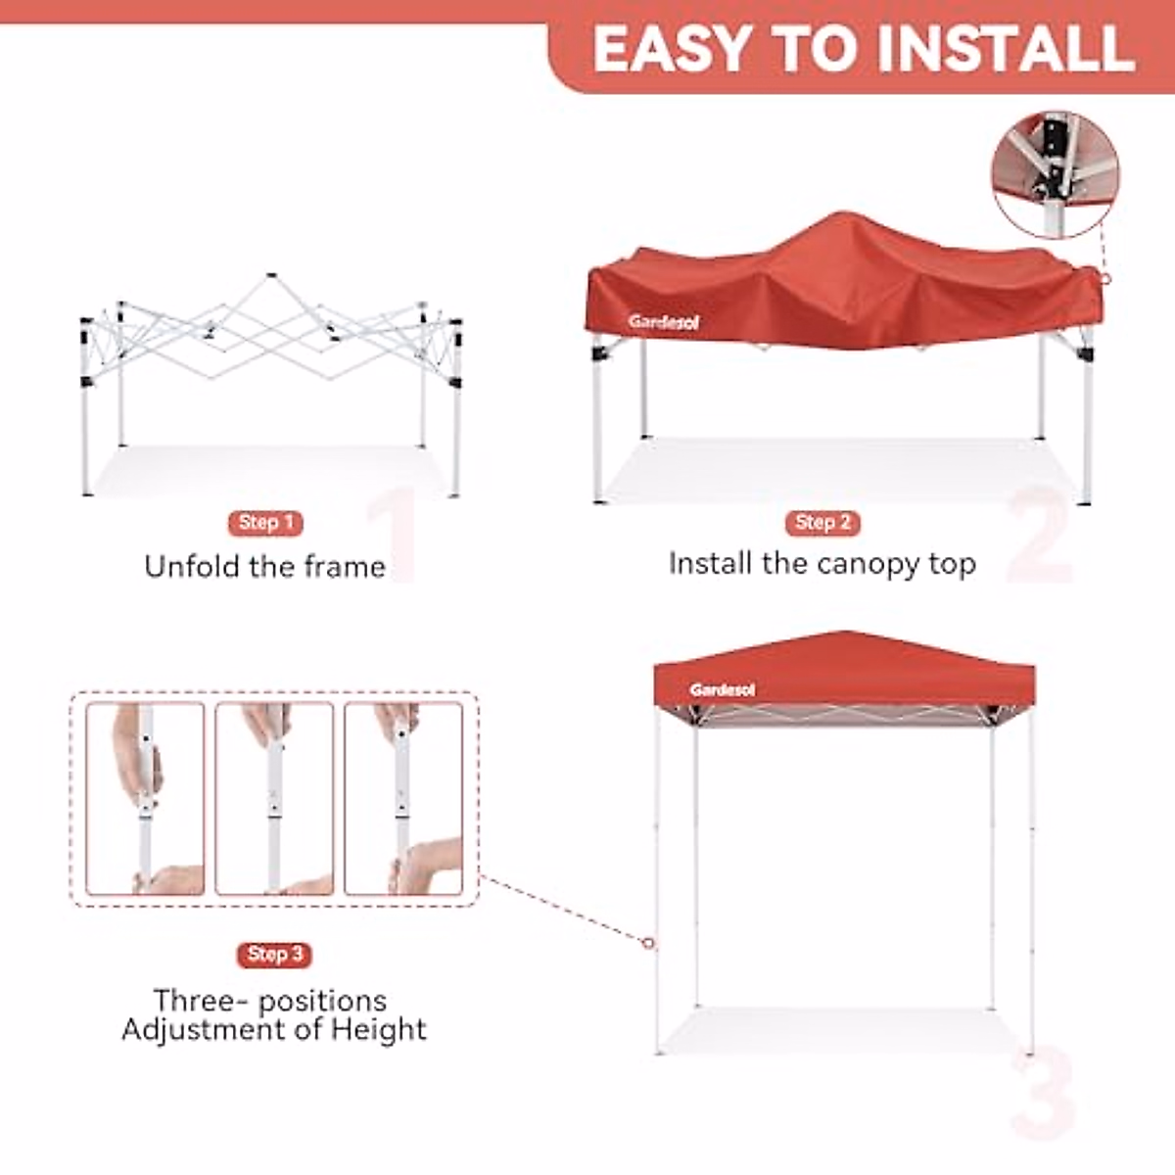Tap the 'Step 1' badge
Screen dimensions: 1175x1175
(265, 523)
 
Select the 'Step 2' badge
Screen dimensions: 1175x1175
(822, 523)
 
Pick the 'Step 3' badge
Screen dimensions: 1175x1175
(274, 954)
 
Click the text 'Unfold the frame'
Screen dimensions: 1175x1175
(264, 567)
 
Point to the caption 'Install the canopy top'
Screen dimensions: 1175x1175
(822, 564)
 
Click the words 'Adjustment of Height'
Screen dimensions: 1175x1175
(274, 1030)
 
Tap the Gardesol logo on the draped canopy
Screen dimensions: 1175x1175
(664, 322)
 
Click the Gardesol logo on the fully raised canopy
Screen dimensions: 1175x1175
(722, 690)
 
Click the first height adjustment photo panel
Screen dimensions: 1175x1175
(145, 799)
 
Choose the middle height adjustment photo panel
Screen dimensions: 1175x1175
(274, 799)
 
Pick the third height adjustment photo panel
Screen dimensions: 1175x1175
(403, 799)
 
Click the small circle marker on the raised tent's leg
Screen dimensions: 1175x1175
(648, 944)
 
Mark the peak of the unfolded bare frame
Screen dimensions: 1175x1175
(271, 277)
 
